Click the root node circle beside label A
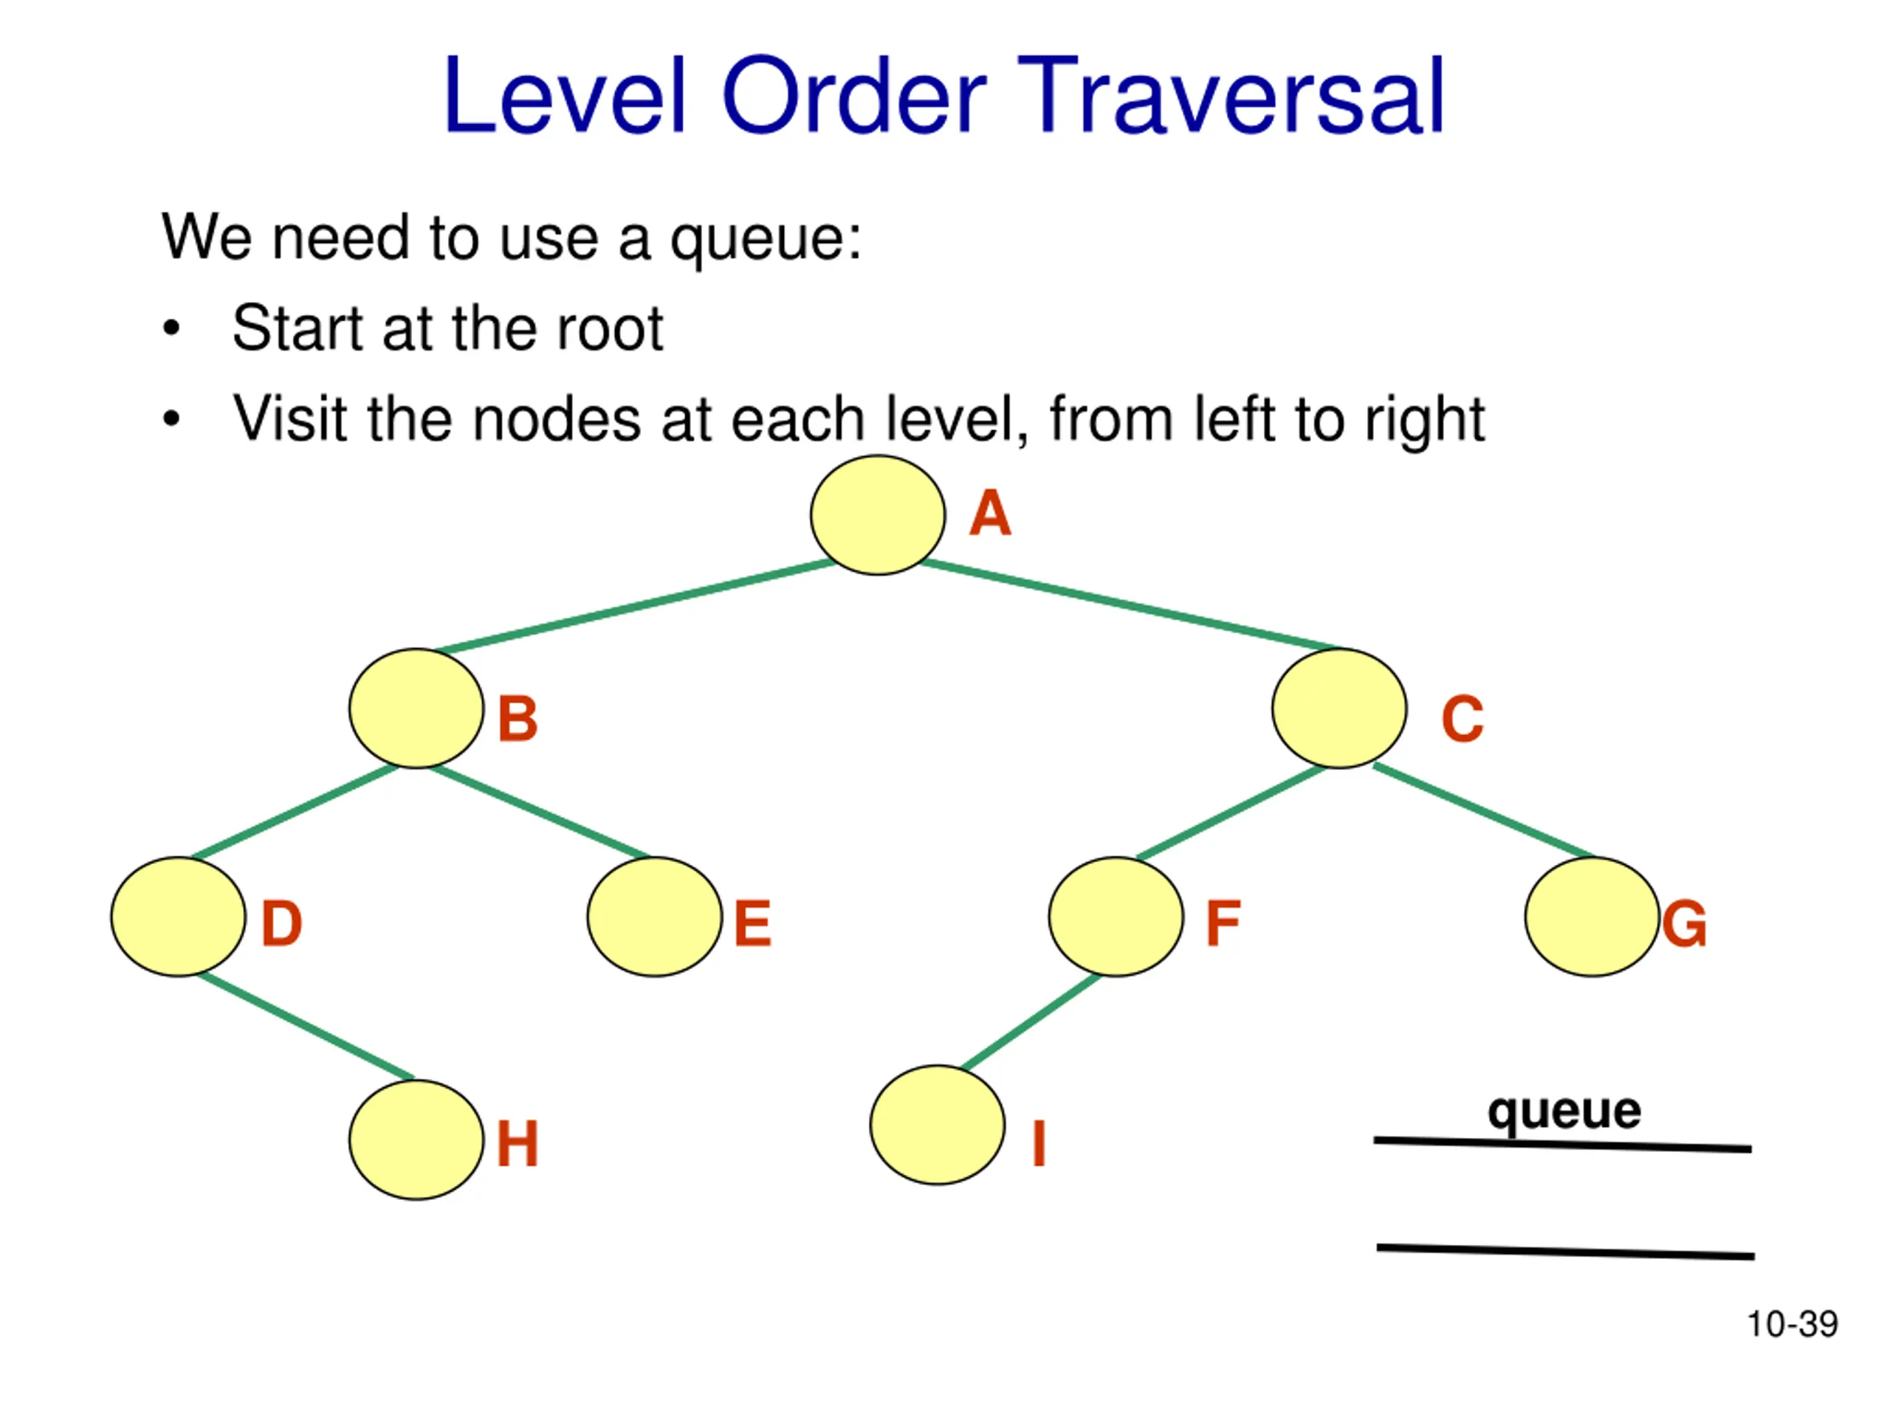tap(878, 515)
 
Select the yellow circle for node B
tap(416, 708)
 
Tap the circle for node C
tap(1339, 708)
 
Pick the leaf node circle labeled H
tap(416, 1140)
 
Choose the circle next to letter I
tap(938, 1125)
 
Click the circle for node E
tap(655, 917)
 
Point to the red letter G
tap(1684, 924)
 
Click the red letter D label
tap(281, 923)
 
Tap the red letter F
tap(1223, 923)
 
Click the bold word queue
tap(1564, 1111)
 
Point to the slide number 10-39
tap(1792, 1324)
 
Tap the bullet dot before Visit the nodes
tap(172, 418)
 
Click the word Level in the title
tap(565, 94)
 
